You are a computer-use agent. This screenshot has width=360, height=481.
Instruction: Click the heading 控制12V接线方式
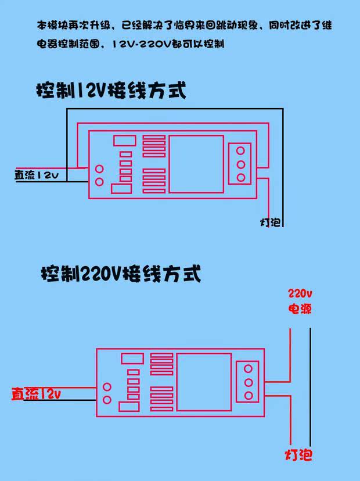(x=111, y=91)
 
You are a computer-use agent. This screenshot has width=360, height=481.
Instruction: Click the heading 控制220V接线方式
(x=121, y=272)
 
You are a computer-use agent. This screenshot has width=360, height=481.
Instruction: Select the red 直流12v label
(x=36, y=394)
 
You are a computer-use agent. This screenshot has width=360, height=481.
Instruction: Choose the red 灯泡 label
(x=298, y=454)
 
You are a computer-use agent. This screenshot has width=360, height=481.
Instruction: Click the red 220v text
(x=300, y=292)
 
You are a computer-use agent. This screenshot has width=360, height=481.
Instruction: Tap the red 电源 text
(x=300, y=308)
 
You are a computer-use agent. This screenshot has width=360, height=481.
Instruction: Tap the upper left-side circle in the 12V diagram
(x=99, y=170)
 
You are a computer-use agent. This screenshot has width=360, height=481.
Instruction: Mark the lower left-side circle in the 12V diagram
(x=99, y=182)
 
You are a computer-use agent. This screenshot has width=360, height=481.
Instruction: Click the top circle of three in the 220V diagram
(x=249, y=368)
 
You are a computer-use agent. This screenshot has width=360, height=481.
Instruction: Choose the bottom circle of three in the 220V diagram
(x=249, y=396)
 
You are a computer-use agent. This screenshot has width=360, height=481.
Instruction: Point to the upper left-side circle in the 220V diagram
(x=107, y=387)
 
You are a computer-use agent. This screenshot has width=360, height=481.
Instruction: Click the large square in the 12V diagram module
(x=196, y=164)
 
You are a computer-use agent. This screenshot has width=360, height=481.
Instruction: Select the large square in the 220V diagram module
(x=204, y=382)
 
